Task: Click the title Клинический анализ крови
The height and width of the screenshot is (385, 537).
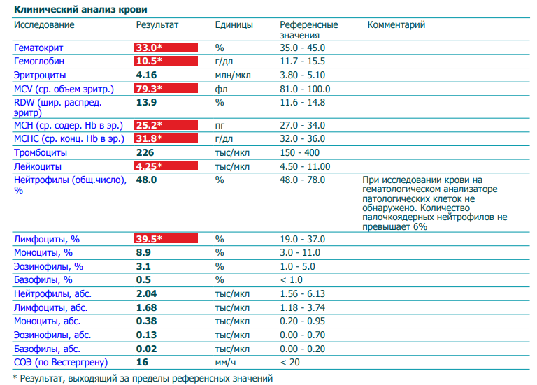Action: click(83, 8)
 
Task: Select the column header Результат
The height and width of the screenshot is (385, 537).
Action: click(157, 25)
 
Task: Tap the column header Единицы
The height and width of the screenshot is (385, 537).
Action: click(234, 25)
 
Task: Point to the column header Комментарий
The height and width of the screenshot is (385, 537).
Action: click(396, 25)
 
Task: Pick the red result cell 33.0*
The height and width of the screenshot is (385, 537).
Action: click(166, 48)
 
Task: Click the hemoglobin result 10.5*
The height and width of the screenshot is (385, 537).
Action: click(166, 61)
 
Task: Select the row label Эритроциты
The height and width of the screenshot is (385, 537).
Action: click(40, 75)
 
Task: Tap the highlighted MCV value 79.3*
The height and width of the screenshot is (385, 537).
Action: click(166, 89)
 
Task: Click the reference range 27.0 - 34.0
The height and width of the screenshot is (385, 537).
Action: click(302, 125)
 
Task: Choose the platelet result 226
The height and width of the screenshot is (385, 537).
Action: click(145, 152)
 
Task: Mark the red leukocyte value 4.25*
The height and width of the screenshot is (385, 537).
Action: click(166, 166)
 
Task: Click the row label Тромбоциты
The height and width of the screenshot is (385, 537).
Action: click(41, 152)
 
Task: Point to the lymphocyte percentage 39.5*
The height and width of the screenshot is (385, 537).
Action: click(166, 239)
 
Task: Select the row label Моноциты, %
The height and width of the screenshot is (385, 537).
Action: click(43, 252)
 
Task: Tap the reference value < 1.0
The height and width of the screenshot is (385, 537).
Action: click(292, 279)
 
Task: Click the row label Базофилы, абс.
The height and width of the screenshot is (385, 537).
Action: click(47, 348)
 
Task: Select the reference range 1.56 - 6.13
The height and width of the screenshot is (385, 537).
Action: click(302, 293)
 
